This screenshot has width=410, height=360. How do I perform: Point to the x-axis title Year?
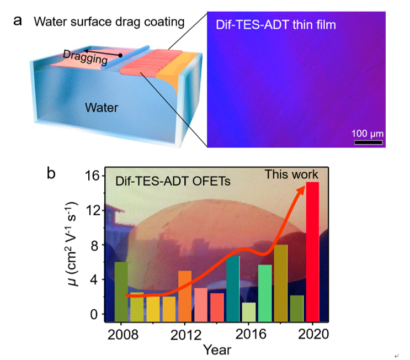(x=216, y=350)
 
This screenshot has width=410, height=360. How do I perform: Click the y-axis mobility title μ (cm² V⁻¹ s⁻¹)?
(x=77, y=245)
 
